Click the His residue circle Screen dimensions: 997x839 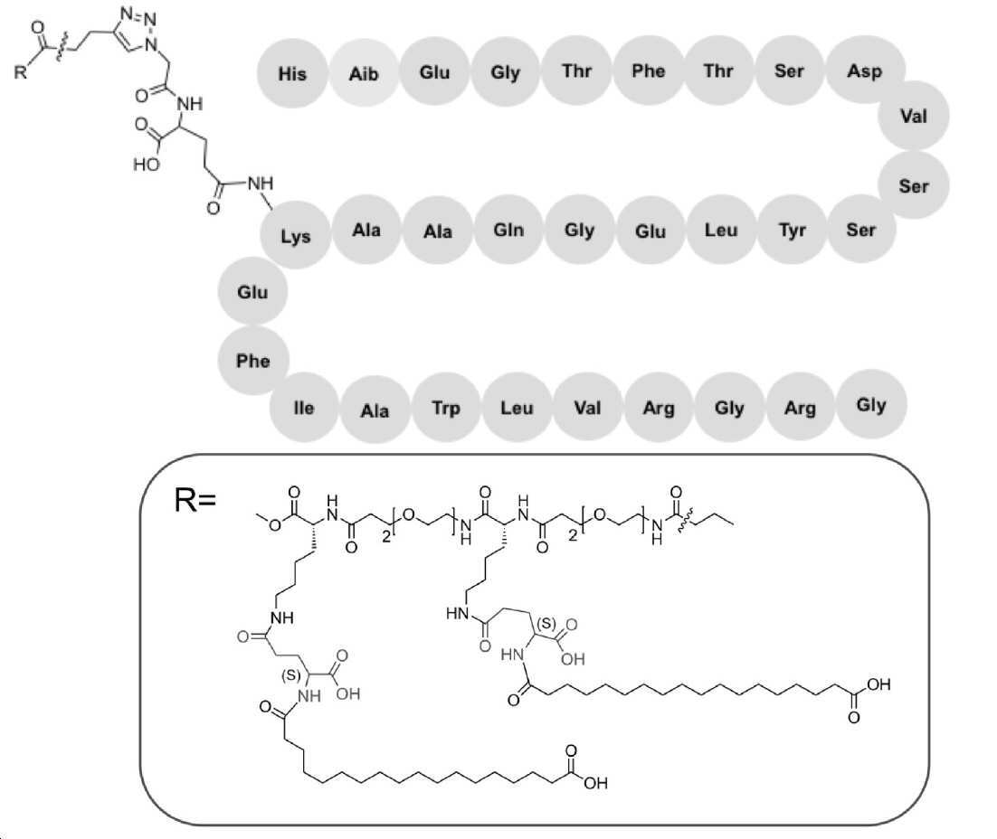292,73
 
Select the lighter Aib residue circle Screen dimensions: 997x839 364,73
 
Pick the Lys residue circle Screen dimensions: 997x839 296,235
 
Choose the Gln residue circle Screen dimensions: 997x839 508,230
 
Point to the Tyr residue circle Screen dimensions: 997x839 793,230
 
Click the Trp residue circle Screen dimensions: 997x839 446,408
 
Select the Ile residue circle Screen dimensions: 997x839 304,408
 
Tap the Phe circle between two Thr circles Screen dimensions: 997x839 648,71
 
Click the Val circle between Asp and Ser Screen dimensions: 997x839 914,116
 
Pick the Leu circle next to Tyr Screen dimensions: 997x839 721,230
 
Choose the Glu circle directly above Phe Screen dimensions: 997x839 252,292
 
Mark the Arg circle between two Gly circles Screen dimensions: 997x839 800,408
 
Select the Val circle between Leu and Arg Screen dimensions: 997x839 587,408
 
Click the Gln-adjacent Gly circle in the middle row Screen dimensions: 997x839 579,230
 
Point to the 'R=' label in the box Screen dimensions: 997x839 195,500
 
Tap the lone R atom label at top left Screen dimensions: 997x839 21,71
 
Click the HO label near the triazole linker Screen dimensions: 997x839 147,165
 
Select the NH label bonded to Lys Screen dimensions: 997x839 260,183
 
